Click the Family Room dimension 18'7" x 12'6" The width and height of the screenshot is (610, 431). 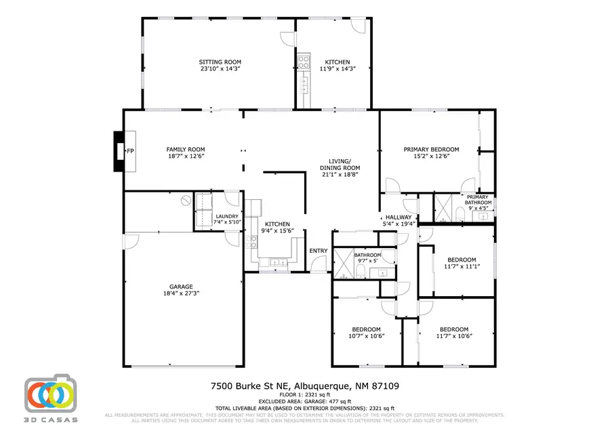186,157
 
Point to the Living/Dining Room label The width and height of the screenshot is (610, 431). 340,167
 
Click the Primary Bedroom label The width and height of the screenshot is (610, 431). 431,149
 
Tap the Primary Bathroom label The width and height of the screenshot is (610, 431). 478,199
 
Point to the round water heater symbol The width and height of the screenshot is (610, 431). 185,201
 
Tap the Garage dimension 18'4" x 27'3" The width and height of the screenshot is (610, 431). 181,293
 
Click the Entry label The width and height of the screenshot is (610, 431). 319,251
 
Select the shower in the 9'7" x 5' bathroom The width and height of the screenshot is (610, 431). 345,264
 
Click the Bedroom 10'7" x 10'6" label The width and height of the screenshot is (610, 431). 366,329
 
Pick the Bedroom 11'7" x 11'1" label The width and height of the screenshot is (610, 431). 462,260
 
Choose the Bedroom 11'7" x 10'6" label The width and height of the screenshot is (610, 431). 453,329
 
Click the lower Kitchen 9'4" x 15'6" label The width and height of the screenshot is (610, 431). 277,224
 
